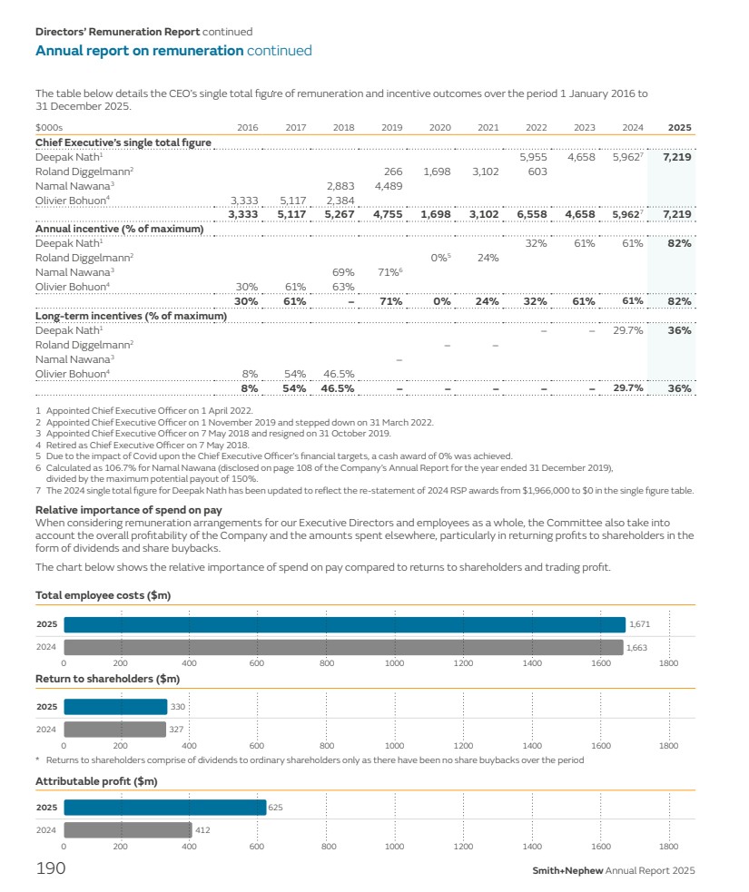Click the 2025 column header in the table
click(680, 128)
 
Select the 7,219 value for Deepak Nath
click(677, 157)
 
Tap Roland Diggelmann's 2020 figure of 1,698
click(438, 172)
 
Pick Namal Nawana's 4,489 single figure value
click(389, 186)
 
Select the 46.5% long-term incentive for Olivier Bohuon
click(338, 374)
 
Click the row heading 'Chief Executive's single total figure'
click(123, 142)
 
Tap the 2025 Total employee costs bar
click(344, 625)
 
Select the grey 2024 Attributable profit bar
click(127, 829)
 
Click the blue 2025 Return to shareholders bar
click(115, 707)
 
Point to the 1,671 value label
click(639, 625)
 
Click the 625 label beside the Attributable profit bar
click(276, 807)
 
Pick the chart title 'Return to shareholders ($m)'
click(107, 678)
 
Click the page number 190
click(50, 869)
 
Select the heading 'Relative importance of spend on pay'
click(128, 510)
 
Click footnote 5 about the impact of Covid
click(273, 456)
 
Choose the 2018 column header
click(343, 128)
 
